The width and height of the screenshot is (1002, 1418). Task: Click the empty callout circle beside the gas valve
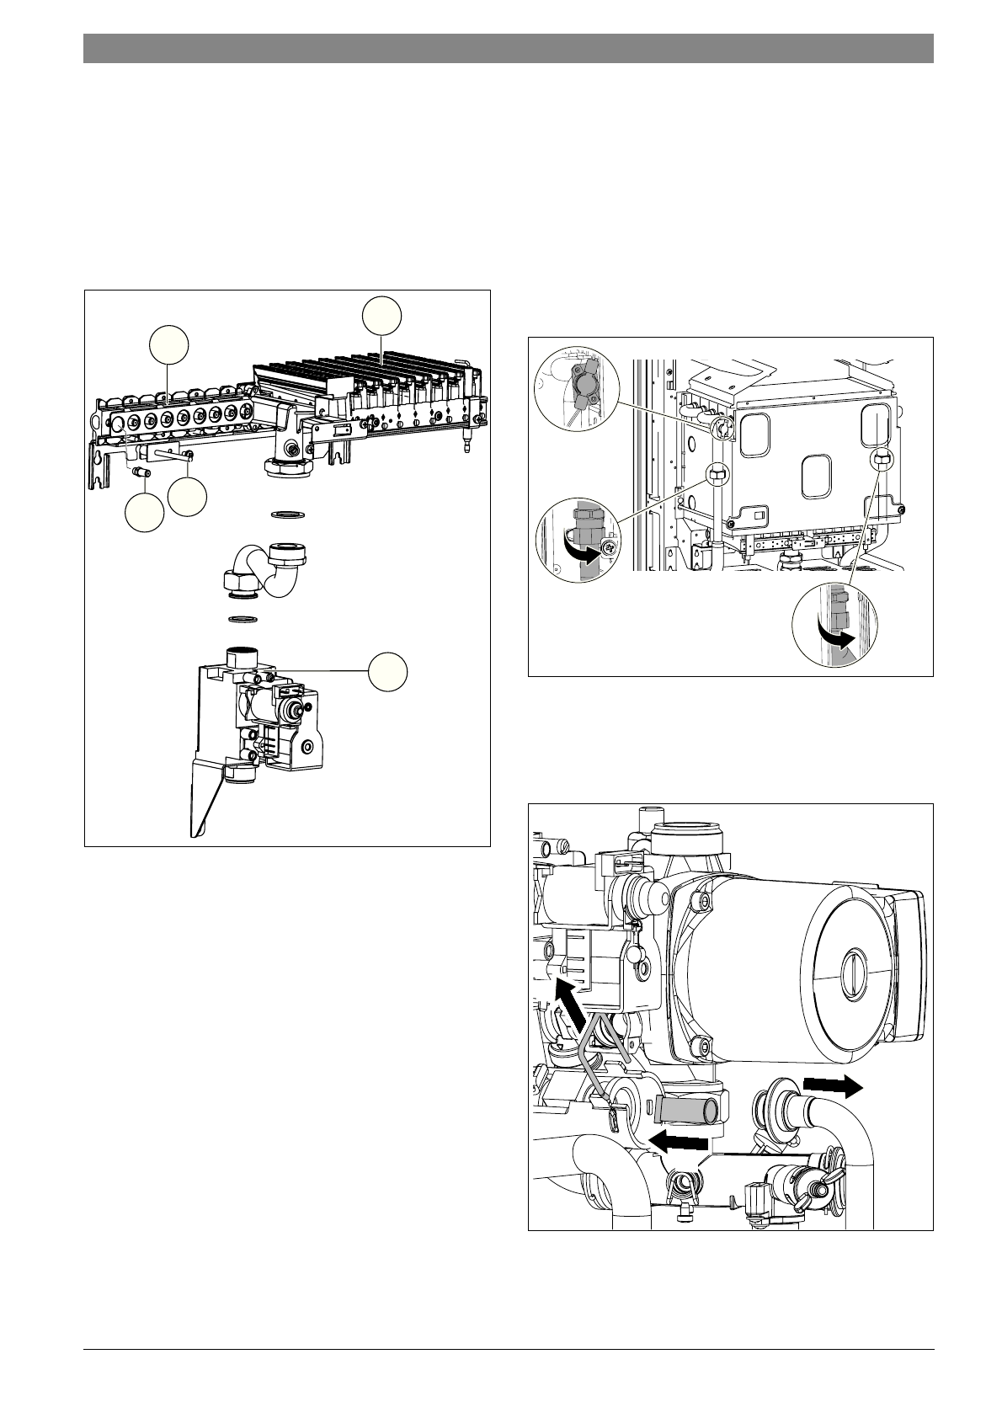[387, 670]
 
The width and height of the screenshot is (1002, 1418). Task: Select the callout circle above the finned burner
[381, 315]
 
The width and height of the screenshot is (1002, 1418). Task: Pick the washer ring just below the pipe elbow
[244, 621]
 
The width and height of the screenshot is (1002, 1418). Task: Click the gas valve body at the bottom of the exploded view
[269, 707]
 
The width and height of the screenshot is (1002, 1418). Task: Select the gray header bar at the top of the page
[508, 48]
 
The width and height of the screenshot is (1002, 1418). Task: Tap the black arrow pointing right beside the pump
[833, 1085]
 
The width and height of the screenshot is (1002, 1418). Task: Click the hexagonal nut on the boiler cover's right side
[881, 459]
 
